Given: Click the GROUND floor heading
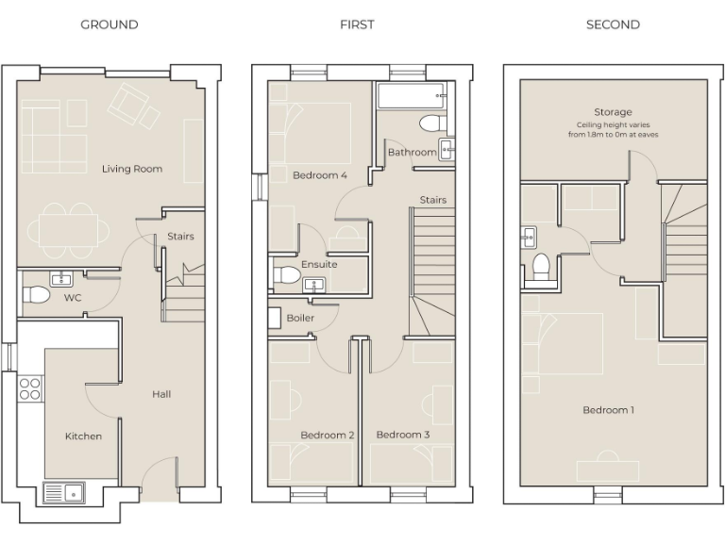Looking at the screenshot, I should pos(109,25).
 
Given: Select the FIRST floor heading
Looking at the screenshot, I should pos(357,25).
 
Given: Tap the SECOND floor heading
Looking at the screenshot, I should pos(613,25).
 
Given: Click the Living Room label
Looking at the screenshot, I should pos(132,169).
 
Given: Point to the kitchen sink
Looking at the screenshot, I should pos(63,492).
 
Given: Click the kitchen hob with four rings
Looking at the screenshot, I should pos(30,388).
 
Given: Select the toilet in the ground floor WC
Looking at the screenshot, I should pos(36,295).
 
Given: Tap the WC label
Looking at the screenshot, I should pos(73,298).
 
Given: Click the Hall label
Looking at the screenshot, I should pos(161,394).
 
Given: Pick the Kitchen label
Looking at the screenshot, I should pos(83,436).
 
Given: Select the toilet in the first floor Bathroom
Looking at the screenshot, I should pos(431,123).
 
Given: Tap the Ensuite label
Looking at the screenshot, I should pos(319,264).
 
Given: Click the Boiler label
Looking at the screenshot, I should pos(300,318).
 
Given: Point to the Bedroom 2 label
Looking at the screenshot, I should pos(328,435).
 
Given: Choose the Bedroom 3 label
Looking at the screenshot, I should pos(403,435).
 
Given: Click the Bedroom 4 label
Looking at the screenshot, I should pos(320,174).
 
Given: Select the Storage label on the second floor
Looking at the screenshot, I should pos(613,112).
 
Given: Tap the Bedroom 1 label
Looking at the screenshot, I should pos(609,410).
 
